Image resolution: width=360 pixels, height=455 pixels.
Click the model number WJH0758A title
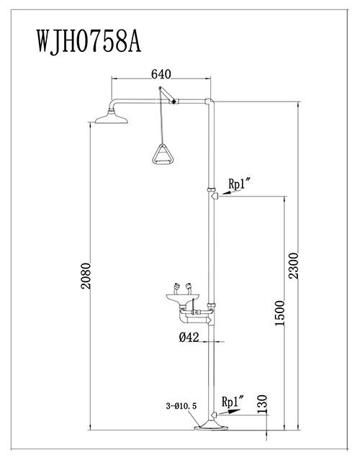(x=89, y=41)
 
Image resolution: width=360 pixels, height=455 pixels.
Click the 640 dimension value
(x=161, y=74)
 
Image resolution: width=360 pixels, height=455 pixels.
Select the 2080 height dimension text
(x=86, y=276)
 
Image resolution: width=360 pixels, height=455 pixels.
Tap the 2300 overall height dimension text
(x=293, y=266)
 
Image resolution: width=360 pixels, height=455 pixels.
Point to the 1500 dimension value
(x=279, y=313)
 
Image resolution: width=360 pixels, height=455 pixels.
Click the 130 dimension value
(x=262, y=404)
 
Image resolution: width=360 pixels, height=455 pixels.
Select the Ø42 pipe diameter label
(x=189, y=337)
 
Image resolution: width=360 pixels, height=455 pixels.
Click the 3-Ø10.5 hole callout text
(x=181, y=406)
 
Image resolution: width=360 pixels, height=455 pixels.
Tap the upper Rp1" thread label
(x=239, y=184)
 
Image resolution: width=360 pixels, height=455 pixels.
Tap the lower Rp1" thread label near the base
(x=233, y=402)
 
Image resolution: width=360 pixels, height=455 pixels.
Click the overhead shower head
(x=112, y=117)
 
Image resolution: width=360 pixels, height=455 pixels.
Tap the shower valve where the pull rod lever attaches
(x=174, y=102)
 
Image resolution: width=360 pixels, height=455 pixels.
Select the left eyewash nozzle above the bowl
(x=176, y=289)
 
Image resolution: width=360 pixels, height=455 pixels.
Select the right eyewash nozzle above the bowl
(x=189, y=289)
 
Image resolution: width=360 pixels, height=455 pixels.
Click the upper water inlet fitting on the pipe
(x=215, y=196)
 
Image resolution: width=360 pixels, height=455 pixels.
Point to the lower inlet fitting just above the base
(x=215, y=415)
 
